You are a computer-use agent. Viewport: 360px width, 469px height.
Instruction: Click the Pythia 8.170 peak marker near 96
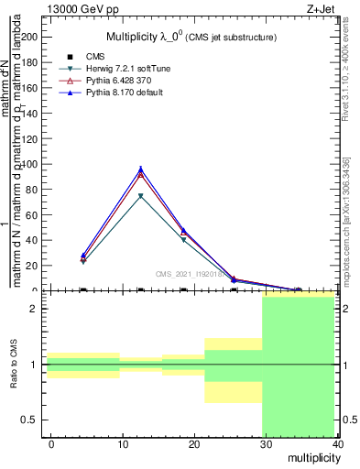click(140, 169)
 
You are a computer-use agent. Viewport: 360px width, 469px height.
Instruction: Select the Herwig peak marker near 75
click(140, 196)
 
